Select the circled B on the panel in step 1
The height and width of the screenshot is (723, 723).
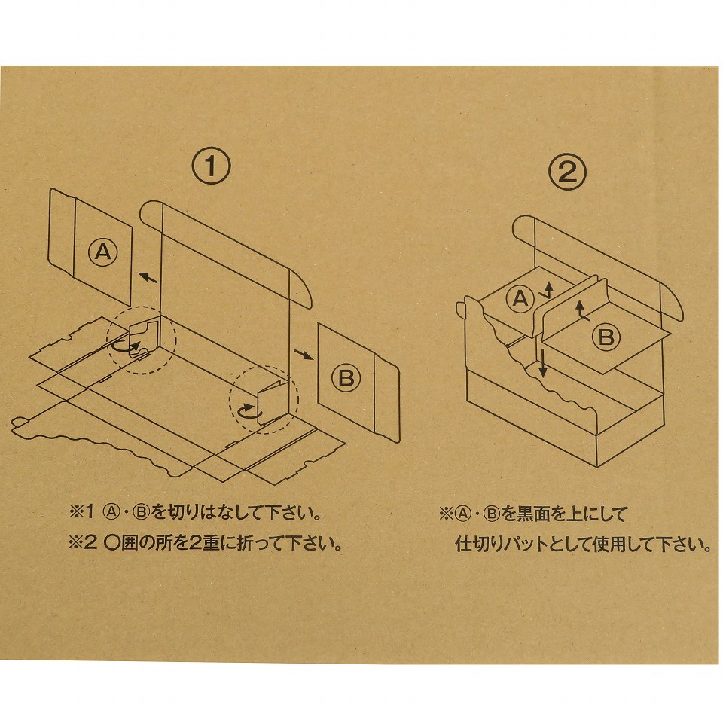346,377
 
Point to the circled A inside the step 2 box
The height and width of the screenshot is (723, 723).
520,300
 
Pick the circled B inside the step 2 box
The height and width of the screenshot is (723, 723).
606,337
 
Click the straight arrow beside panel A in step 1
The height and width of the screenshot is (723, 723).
148,277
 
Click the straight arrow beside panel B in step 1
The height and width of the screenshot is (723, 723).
302,353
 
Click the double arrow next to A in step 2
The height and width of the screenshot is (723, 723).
548,291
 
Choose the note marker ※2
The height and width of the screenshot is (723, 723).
81,543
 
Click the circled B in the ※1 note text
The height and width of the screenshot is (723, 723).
142,514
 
